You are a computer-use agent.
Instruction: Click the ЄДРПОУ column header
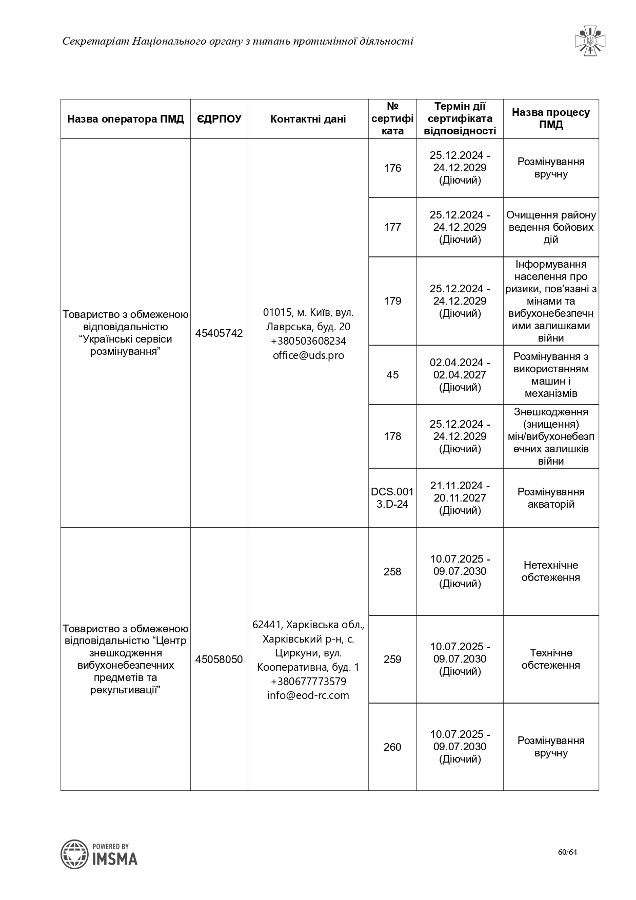(x=219, y=119)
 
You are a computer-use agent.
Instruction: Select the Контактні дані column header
(x=308, y=119)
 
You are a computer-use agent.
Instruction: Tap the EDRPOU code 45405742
(x=219, y=333)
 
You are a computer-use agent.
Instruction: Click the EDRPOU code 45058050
(x=219, y=659)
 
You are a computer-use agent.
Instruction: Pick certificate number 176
(x=392, y=168)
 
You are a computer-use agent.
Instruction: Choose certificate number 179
(x=392, y=301)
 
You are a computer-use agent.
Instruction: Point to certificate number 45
(x=392, y=375)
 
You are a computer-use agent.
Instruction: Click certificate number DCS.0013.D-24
(x=392, y=498)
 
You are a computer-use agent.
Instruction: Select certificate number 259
(x=392, y=659)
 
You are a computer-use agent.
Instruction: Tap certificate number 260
(x=392, y=747)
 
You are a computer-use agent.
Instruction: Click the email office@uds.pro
(x=308, y=355)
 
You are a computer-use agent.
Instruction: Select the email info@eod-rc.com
(x=308, y=695)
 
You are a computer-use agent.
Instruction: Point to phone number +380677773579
(x=308, y=682)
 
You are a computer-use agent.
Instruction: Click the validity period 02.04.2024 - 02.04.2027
(x=460, y=375)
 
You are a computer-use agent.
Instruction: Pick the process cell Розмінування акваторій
(x=551, y=498)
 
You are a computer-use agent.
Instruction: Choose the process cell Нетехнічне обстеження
(x=551, y=571)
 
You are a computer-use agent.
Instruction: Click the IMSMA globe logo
(x=75, y=854)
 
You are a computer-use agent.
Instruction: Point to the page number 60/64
(x=568, y=852)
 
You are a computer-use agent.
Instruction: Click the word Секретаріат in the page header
(x=95, y=42)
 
